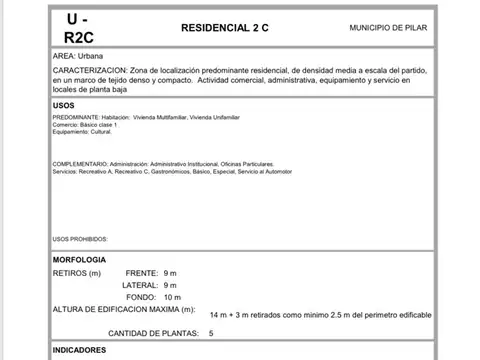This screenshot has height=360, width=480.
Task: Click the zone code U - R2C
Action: coord(75,29)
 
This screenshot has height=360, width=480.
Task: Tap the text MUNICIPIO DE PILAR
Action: coord(391,29)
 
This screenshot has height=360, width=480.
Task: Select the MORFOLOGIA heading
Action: coord(78,260)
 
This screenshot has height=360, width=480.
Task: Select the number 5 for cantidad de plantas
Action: coord(211,332)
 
